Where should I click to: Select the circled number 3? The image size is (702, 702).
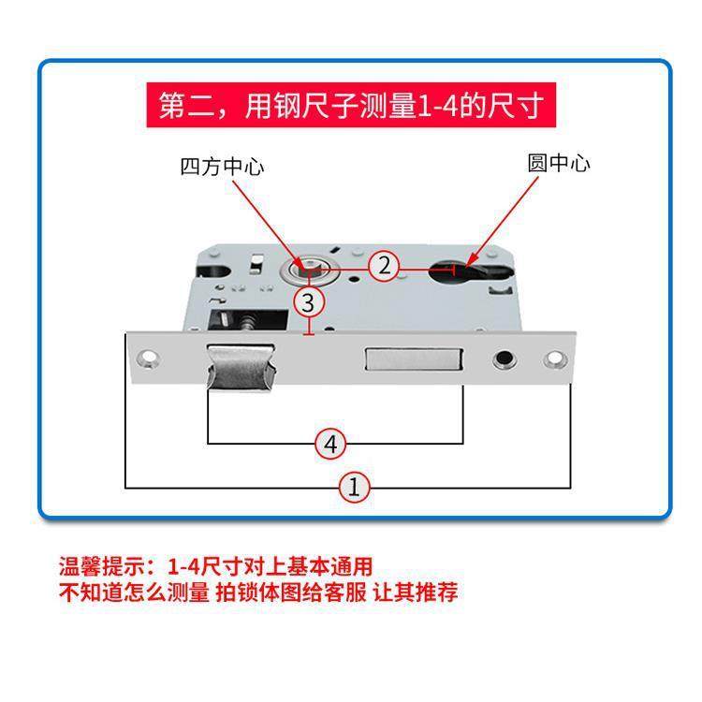point(309,302)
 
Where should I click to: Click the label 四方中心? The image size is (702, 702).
point(222,168)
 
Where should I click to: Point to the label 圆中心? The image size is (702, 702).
point(559,163)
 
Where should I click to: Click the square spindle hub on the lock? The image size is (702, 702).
point(308,271)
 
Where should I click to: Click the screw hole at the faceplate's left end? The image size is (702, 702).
point(147,358)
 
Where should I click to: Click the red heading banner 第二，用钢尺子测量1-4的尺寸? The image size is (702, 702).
point(350,106)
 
